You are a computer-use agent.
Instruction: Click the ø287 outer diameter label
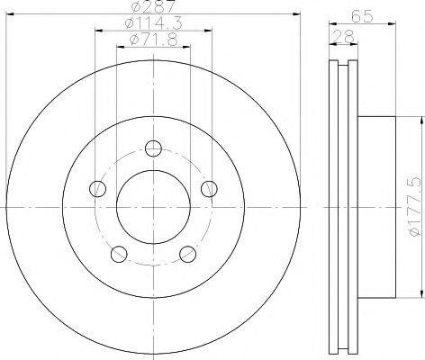(152, 10)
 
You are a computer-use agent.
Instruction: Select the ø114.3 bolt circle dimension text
(152, 25)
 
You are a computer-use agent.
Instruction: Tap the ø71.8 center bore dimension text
(152, 40)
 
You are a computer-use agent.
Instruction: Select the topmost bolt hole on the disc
(153, 148)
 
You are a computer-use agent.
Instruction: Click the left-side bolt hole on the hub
(97, 189)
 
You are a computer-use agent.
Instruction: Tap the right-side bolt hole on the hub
(209, 189)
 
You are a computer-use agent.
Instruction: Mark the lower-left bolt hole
(118, 255)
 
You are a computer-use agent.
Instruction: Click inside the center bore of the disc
(153, 206)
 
